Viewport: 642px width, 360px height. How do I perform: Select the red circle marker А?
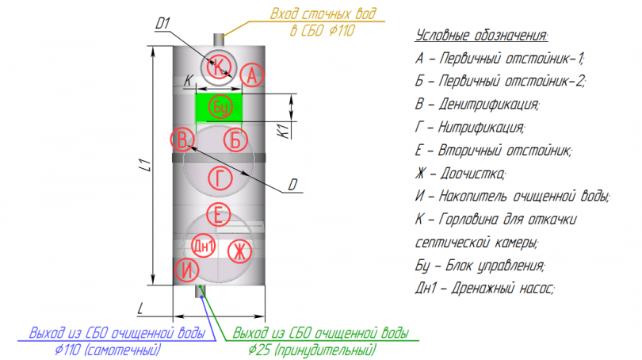(251, 75)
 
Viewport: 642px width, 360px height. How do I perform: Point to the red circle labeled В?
(183, 140)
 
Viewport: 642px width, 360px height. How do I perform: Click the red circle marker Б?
(235, 140)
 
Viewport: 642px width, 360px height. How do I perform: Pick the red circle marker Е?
(220, 214)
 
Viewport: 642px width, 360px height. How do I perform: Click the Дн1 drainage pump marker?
(204, 247)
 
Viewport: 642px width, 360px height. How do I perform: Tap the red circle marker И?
(185, 270)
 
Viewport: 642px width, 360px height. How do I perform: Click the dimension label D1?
(163, 25)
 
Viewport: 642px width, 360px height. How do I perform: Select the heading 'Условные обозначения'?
(481, 36)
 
